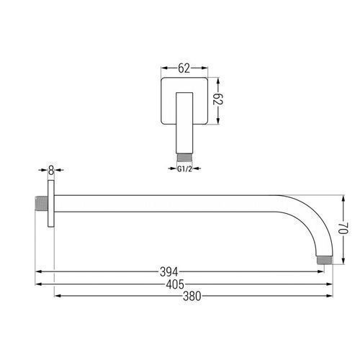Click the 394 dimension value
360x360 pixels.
169,272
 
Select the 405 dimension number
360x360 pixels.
175,284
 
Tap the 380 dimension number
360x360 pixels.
192,296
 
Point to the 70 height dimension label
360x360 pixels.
343,228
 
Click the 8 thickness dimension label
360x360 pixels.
51,170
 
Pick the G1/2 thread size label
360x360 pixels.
185,169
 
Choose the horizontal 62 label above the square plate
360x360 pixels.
184,68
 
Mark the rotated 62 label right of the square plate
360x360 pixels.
218,99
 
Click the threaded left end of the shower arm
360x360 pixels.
42,204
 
